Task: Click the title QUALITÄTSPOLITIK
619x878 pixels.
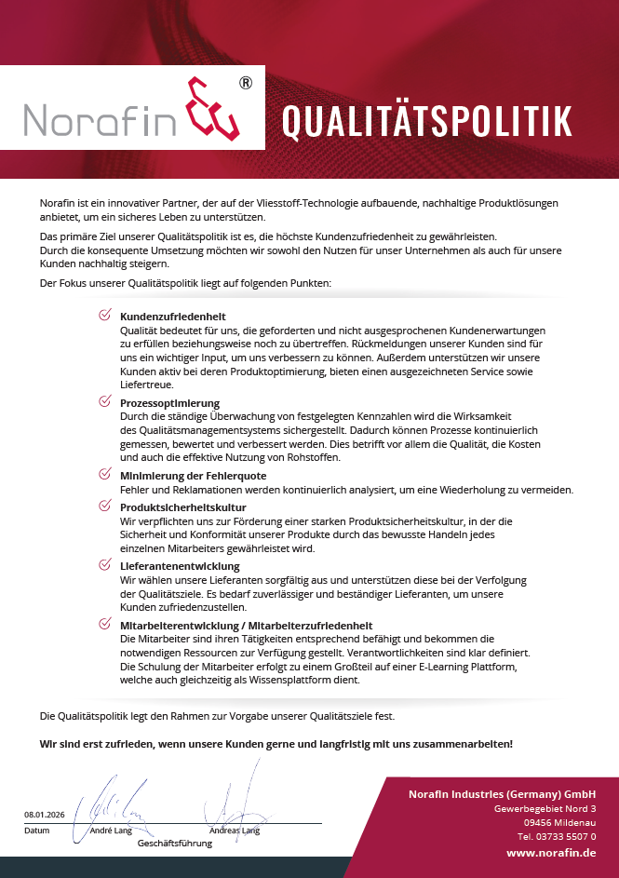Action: pos(426,121)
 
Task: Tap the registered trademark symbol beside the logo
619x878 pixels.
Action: pos(245,83)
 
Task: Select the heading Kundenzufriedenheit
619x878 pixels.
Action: pos(173,317)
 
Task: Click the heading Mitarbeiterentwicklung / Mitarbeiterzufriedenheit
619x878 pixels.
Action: pos(246,626)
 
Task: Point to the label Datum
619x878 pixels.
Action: pos(36,831)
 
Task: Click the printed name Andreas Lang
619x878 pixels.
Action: pos(235,831)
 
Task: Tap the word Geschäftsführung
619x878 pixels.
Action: pos(175,844)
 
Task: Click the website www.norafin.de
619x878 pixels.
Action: pos(551,853)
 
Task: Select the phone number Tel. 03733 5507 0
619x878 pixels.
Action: pos(557,836)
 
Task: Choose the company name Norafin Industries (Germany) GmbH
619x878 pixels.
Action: pos(502,793)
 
